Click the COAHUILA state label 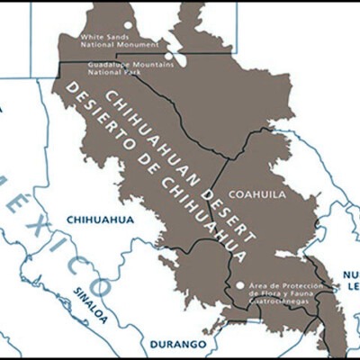point(256,194)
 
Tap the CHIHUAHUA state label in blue point(100,219)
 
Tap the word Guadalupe point(106,63)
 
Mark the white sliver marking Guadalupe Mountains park point(181,58)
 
